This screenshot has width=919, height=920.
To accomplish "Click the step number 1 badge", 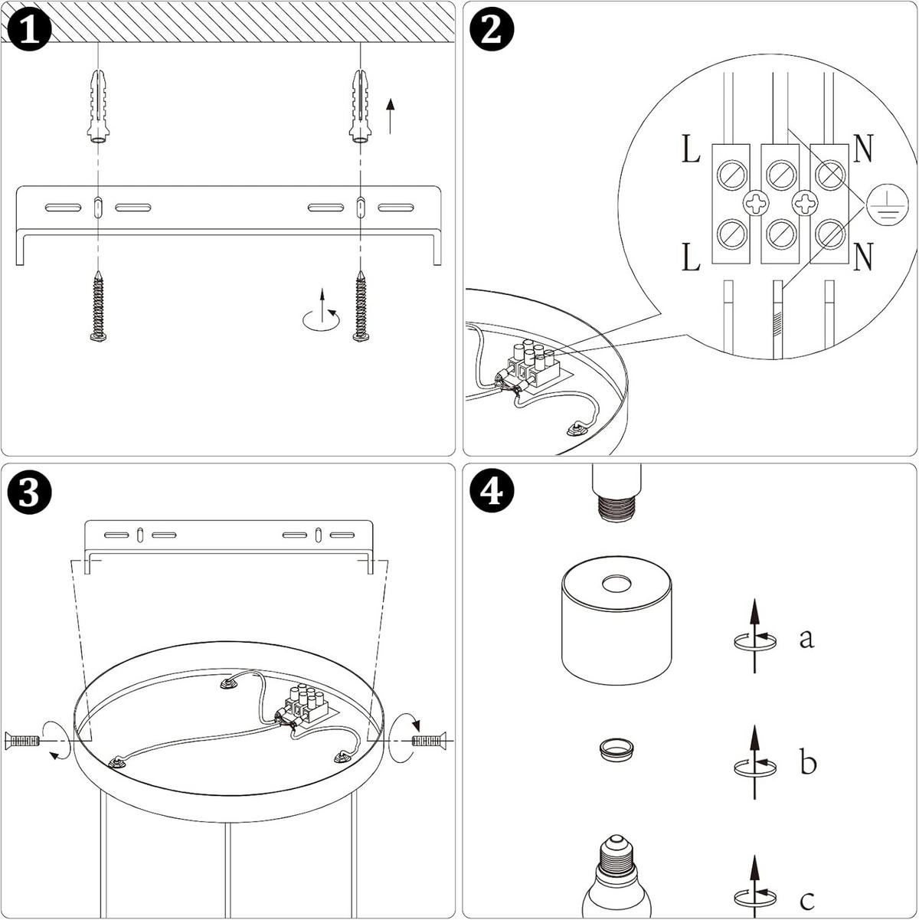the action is [x=29, y=29].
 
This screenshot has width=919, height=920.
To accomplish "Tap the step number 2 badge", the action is [x=492, y=29].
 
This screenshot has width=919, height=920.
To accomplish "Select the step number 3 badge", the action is [x=29, y=492].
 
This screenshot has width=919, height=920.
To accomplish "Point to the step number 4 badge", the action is [x=492, y=492].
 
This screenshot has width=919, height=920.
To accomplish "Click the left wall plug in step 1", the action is [x=98, y=106].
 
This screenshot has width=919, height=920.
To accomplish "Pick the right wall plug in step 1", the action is [x=361, y=106].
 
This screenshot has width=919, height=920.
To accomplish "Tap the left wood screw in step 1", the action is [x=98, y=306].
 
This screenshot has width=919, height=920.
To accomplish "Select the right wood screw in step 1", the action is [x=361, y=306].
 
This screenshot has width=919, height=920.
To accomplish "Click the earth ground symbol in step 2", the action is [x=888, y=205].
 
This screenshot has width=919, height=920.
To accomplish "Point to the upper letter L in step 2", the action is [x=692, y=149].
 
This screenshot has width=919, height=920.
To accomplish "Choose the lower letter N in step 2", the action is [x=863, y=257].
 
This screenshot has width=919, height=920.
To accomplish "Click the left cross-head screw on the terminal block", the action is [x=756, y=204].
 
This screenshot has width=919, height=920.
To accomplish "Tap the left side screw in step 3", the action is [x=22, y=741].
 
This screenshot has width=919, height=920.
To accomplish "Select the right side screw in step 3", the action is [x=429, y=741].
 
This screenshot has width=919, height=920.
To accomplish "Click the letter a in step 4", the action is [x=806, y=639].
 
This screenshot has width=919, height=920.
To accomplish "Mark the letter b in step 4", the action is [x=808, y=762].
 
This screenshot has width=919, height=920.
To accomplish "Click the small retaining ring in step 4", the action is [x=616, y=749].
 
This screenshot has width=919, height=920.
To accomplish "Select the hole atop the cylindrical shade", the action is [x=616, y=583].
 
